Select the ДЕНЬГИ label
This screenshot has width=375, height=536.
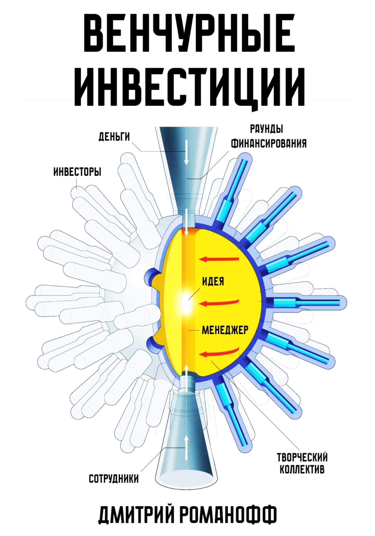click(114, 137)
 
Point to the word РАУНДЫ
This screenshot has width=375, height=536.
click(266, 130)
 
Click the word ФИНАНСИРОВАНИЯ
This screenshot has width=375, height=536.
click(268, 144)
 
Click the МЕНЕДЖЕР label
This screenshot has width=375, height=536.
click(225, 330)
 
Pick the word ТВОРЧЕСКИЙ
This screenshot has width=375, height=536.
click(302, 458)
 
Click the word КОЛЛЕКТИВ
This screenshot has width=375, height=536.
click(302, 470)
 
